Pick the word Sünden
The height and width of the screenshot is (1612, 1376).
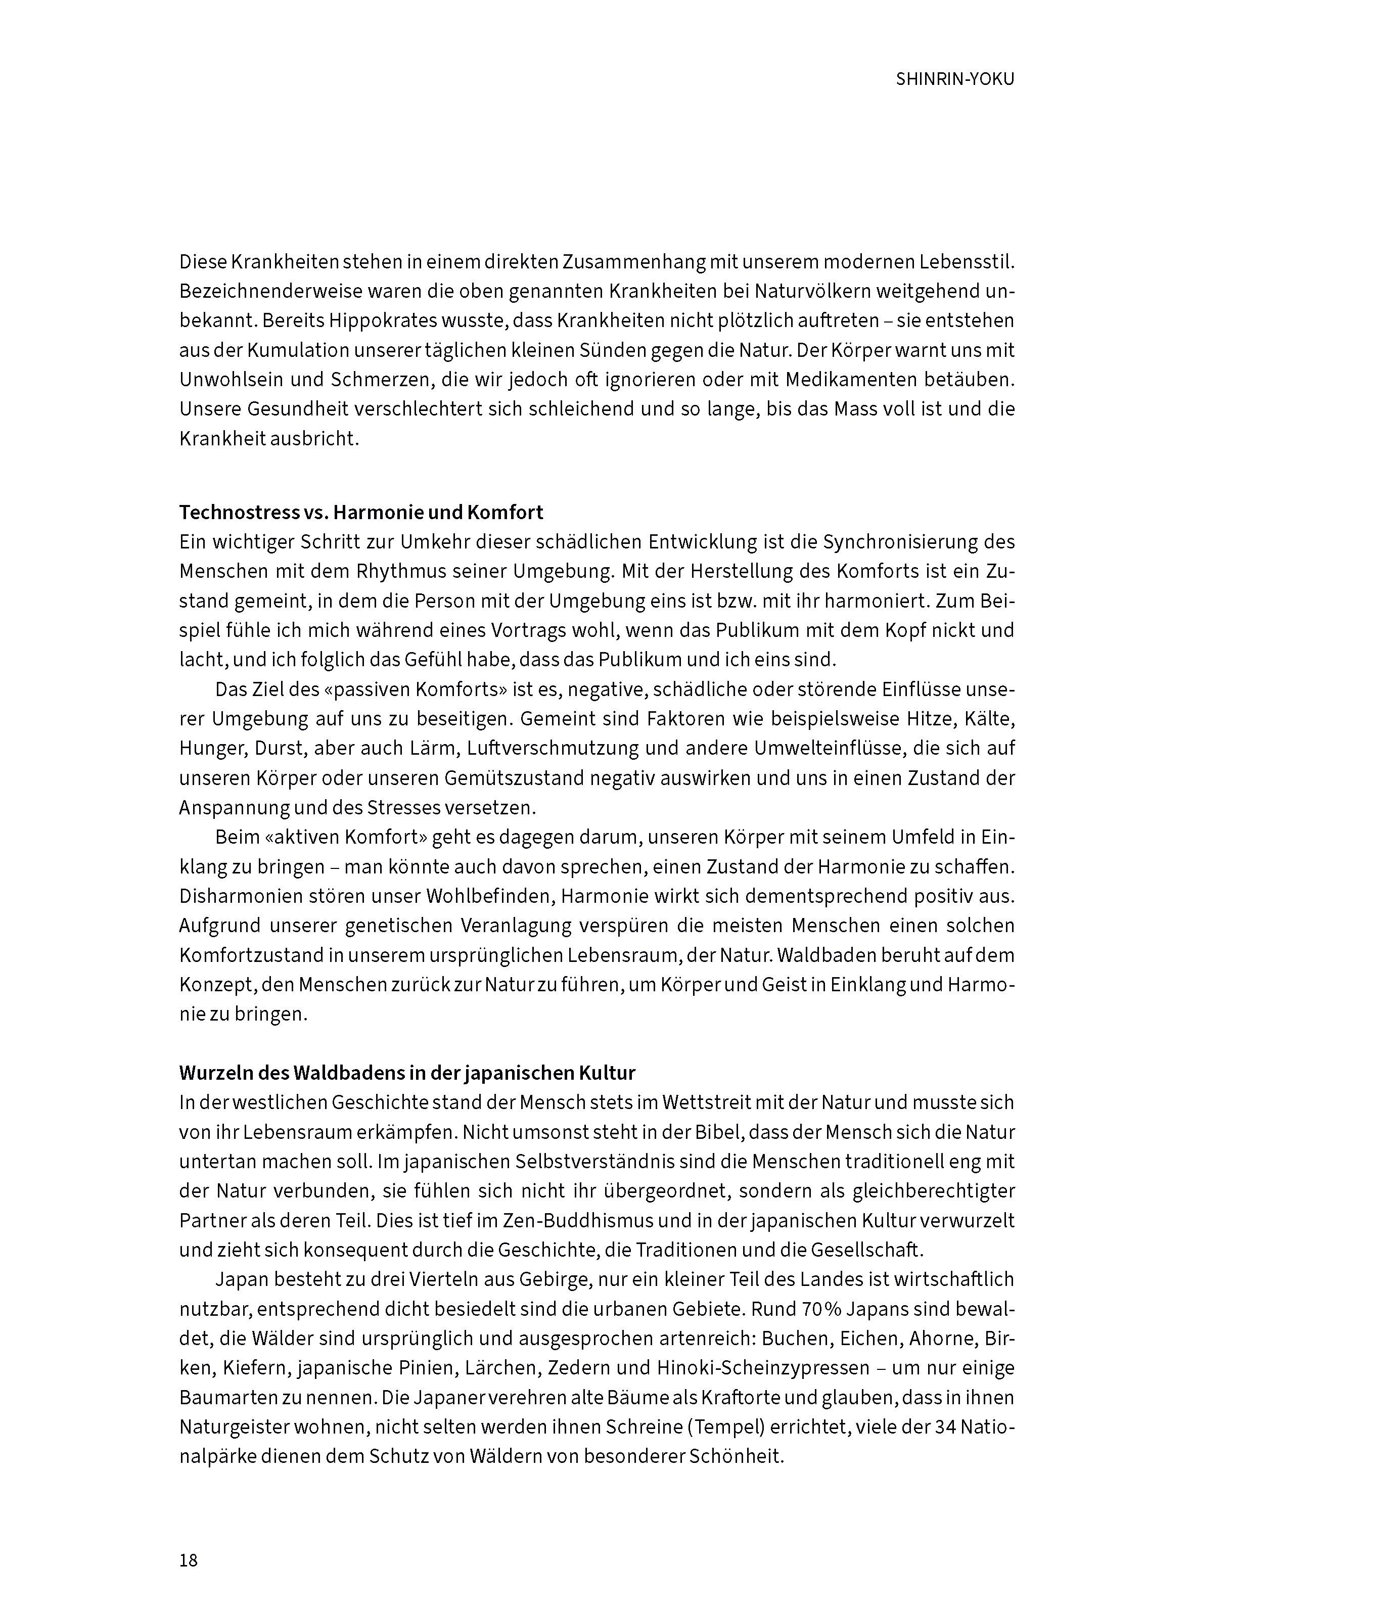click(x=613, y=351)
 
